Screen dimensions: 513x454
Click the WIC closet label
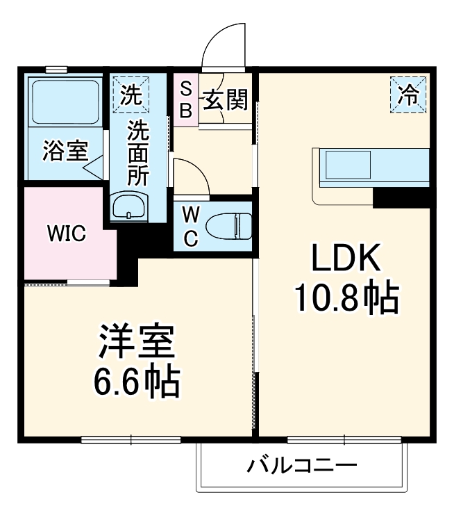pyautogui.click(x=66, y=234)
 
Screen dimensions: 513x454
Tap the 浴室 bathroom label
pyautogui.click(x=65, y=152)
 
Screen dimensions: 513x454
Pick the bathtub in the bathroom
pyautogui.click(x=65, y=103)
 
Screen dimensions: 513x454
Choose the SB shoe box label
pyautogui.click(x=186, y=99)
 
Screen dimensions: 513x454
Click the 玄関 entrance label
pyautogui.click(x=225, y=101)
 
